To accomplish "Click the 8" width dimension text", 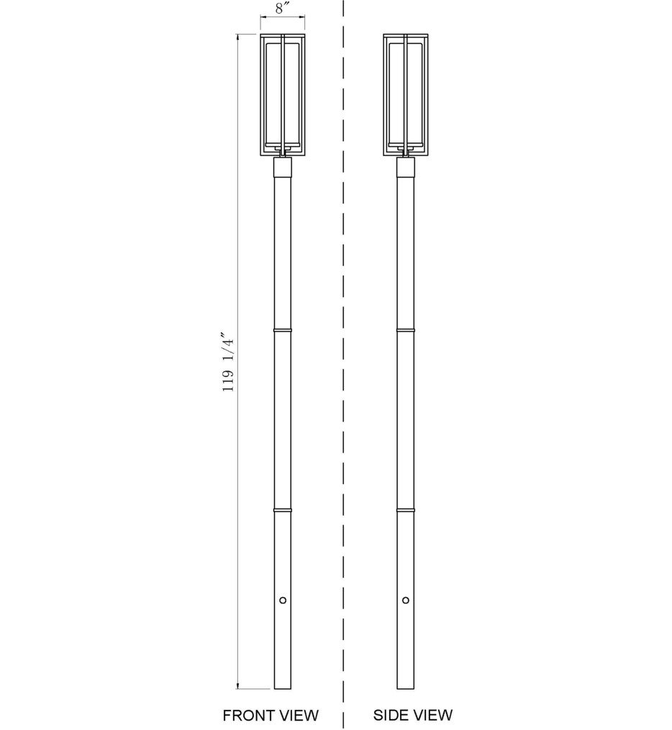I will point(283,10).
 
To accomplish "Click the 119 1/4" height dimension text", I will point(229,362).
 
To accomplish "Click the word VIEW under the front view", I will point(299,715).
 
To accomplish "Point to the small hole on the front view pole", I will point(283,600).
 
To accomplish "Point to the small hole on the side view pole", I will point(406,600).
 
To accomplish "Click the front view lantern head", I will point(283,93).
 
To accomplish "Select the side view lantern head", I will point(406,93).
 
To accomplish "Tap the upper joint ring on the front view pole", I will point(283,330).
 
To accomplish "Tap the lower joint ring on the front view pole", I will point(283,508).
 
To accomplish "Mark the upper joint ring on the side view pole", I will point(406,330).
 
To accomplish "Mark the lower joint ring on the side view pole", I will point(406,508).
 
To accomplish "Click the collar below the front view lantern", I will point(283,168).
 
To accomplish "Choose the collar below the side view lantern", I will point(406,168).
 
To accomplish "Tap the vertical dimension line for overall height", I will point(238,503).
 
